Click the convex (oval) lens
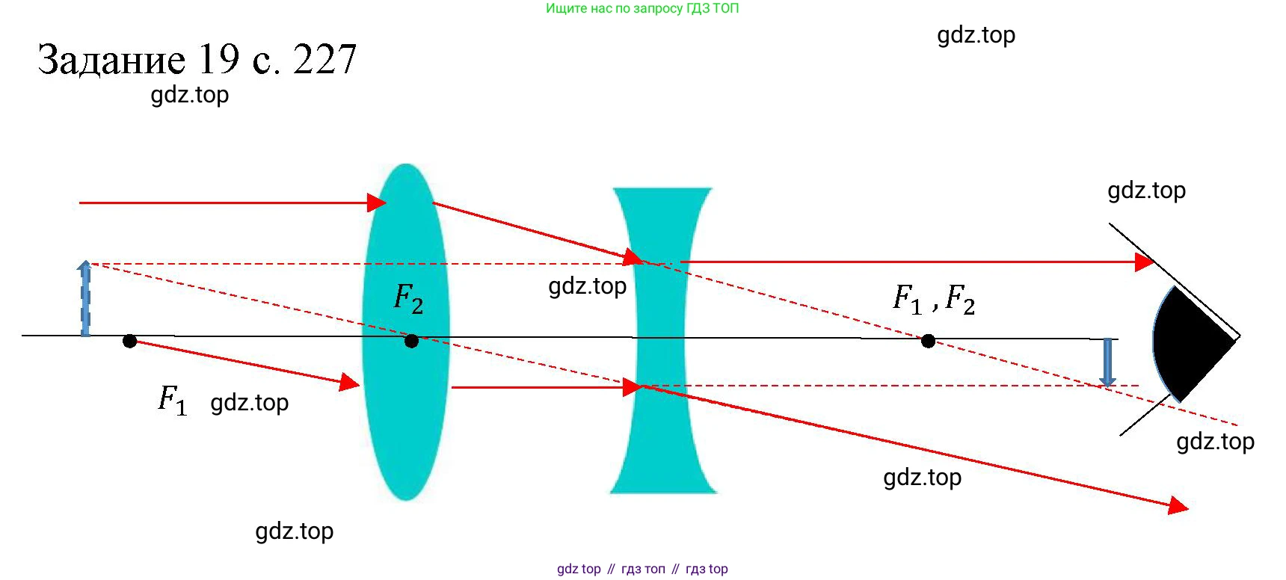[x=405, y=419]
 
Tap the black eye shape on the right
[x=1189, y=344]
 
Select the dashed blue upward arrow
[x=85, y=299]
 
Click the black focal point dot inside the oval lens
[x=411, y=342]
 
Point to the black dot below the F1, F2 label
[x=928, y=342]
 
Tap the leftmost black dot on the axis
[x=129, y=342]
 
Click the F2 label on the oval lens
[x=408, y=299]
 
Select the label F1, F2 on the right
[x=934, y=299]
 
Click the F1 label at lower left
[x=172, y=400]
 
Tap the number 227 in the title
[x=324, y=60]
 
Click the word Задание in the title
[x=111, y=60]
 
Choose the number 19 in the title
[x=218, y=60]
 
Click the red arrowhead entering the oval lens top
[x=377, y=203]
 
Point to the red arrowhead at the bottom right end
[x=1178, y=506]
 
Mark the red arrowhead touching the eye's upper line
[x=1144, y=262]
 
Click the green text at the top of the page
[x=642, y=9]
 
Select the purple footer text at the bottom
[x=642, y=569]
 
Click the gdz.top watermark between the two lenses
[x=587, y=286]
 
